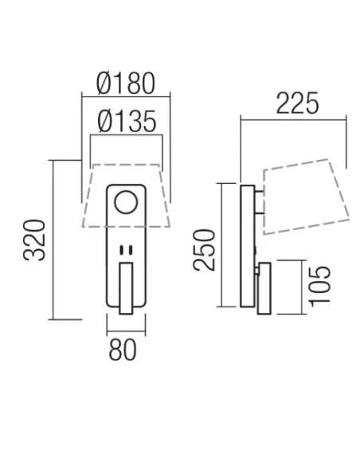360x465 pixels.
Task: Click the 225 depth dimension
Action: (x=297, y=103)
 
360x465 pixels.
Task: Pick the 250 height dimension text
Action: (x=205, y=249)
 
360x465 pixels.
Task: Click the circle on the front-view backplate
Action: (x=126, y=204)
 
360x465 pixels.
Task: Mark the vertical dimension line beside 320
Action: (x=53, y=239)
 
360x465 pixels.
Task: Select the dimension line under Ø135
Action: (x=126, y=136)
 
